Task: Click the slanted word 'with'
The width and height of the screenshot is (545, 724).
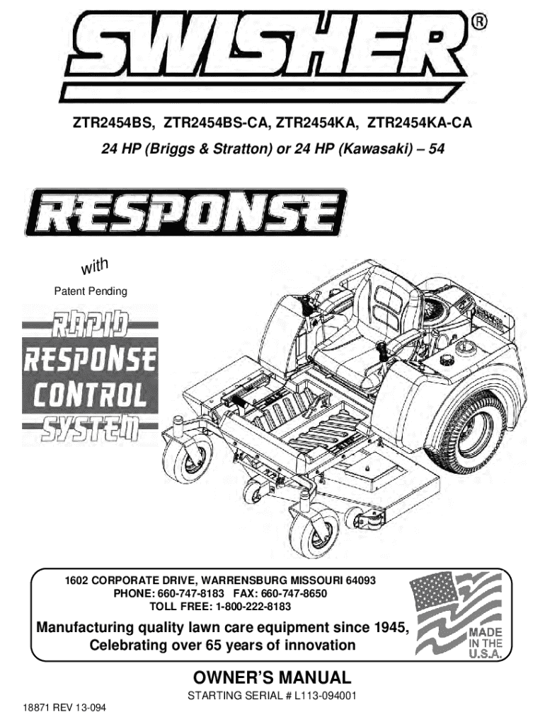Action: [93, 267]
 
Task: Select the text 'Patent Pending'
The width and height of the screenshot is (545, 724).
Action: [91, 291]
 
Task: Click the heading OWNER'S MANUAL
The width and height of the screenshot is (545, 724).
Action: [272, 677]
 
